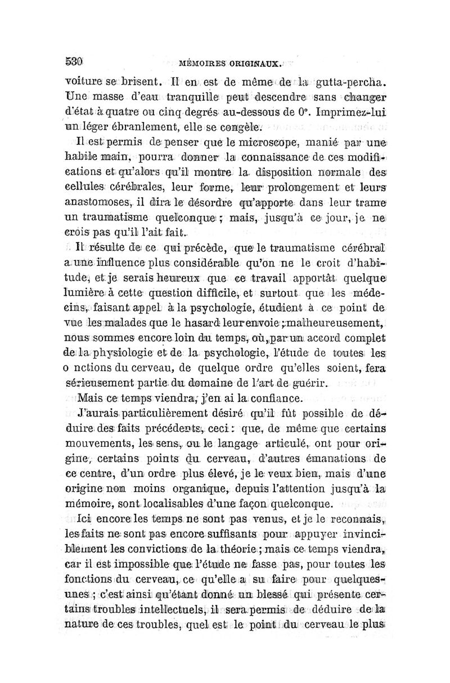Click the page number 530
tap(75, 58)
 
